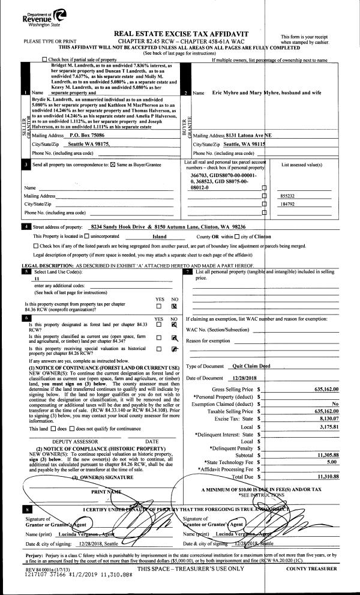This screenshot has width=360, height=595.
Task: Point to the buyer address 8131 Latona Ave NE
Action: click(x=243, y=136)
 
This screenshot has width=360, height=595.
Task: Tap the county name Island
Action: click(x=159, y=237)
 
